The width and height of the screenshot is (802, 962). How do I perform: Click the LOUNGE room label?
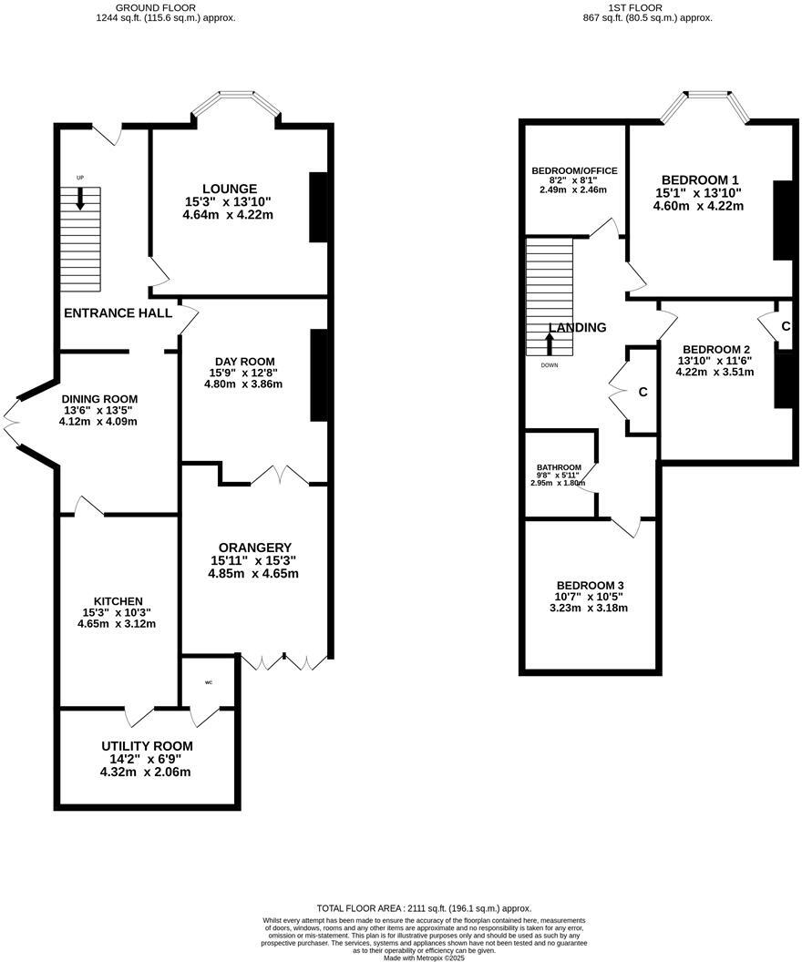pos(229,189)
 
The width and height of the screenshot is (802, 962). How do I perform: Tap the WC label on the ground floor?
pos(209,681)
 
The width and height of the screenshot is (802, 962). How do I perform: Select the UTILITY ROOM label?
pos(147,746)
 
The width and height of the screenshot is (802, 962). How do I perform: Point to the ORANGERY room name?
pos(254,547)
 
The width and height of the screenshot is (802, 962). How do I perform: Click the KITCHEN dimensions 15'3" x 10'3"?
pos(118,613)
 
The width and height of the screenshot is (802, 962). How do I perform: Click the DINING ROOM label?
pos(99,399)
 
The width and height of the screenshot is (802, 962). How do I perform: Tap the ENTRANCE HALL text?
pos(118,312)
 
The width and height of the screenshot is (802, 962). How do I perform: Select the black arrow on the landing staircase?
pos(550,343)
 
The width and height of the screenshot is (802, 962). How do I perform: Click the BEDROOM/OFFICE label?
pos(574,170)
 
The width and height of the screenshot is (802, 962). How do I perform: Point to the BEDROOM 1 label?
pos(699,179)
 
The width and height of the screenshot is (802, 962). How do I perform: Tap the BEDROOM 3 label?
pos(591,585)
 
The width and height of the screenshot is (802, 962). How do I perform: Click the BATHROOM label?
pos(560,468)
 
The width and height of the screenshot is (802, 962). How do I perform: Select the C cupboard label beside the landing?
pos(643,392)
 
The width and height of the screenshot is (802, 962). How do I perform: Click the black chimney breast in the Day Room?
pos(319,375)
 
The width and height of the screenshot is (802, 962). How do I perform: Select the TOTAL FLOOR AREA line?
pos(424,908)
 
